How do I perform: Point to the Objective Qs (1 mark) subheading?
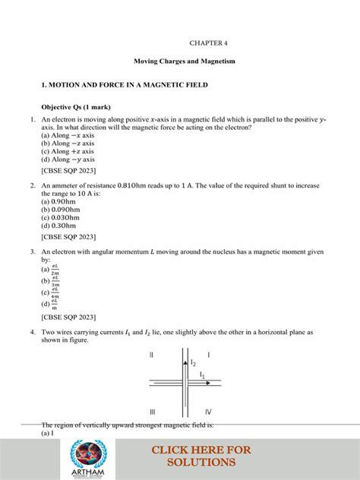(81, 107)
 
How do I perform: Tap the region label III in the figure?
(153, 411)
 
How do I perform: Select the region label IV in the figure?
(208, 411)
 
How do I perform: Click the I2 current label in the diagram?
(194, 363)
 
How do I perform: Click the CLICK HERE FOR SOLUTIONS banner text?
(201, 456)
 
